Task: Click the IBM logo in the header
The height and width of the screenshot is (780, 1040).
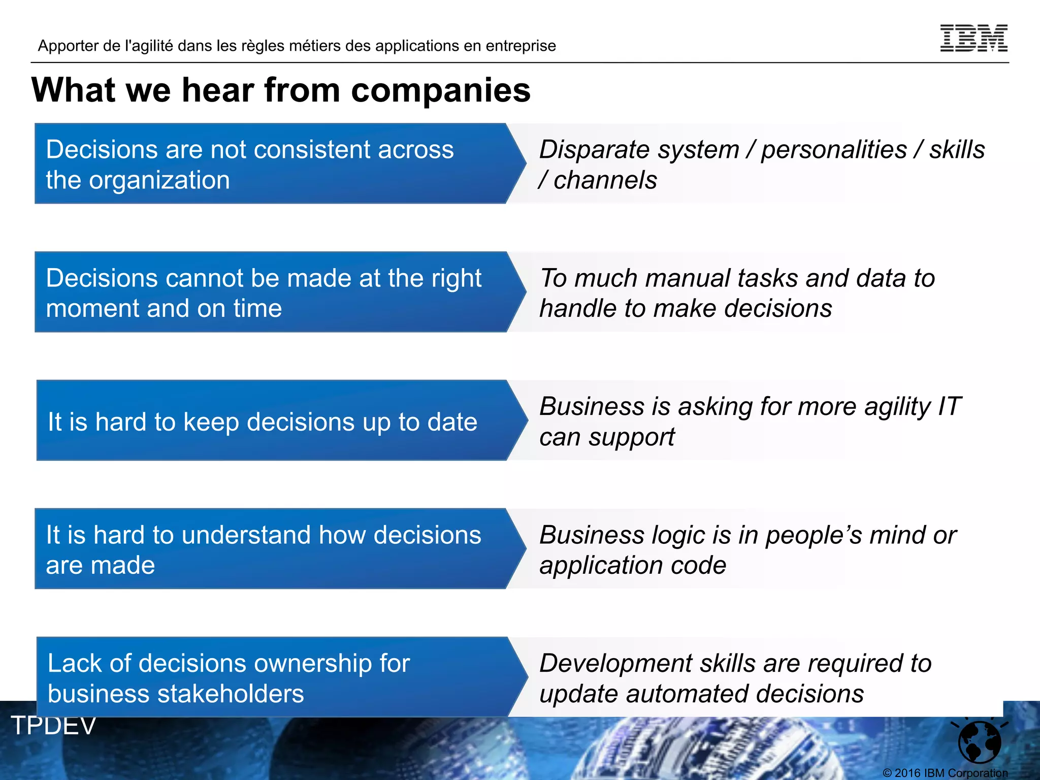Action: click(973, 38)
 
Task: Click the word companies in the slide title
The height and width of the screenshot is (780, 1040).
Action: click(440, 90)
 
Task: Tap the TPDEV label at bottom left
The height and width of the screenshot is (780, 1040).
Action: click(53, 725)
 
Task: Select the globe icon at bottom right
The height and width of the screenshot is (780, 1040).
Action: click(979, 741)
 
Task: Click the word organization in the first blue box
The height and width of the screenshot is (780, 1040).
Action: click(159, 180)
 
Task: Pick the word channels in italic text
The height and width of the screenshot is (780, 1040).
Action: click(605, 180)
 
